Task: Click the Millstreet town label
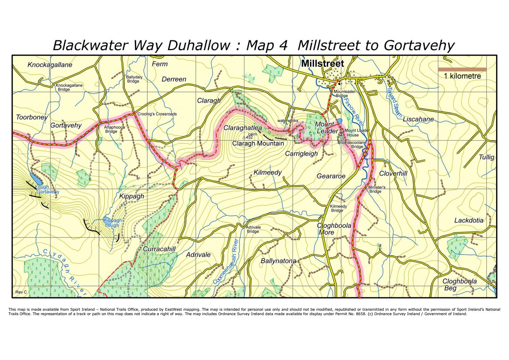[x=323, y=64]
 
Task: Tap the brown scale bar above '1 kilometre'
[x=462, y=69]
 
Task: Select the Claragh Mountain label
[x=258, y=143]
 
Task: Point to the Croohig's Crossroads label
[x=157, y=114]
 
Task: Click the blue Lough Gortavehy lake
[x=34, y=177]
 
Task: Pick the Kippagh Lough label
[x=112, y=223]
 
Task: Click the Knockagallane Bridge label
[x=69, y=87]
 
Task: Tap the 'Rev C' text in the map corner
[x=21, y=292]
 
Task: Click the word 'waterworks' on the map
[x=288, y=120]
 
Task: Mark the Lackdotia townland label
[x=469, y=220]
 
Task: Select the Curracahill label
[x=159, y=249]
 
